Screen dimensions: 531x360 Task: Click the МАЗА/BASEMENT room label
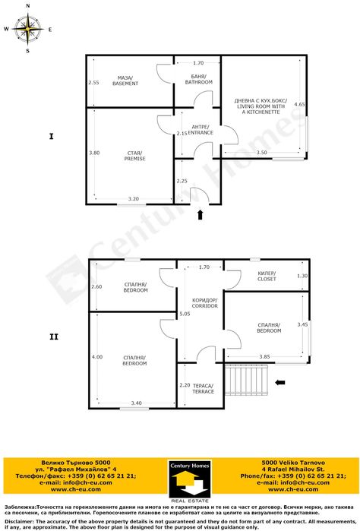[125, 80]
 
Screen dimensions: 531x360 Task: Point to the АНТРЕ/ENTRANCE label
[201, 130]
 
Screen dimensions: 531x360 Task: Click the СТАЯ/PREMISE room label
[134, 156]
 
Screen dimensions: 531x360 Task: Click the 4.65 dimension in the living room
[299, 104]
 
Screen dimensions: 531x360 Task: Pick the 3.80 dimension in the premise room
[94, 153]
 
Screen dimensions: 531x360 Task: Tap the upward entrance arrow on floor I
[201, 215]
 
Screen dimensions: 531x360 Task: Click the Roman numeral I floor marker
[51, 137]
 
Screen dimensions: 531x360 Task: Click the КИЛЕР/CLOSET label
[267, 276]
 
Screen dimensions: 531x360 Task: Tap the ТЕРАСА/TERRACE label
[204, 388]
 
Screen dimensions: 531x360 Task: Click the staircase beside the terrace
[246, 380]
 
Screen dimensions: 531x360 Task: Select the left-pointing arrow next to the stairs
[280, 382]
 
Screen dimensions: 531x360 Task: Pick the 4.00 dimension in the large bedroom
[96, 357]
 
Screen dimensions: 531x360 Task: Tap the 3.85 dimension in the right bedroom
[264, 356]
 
